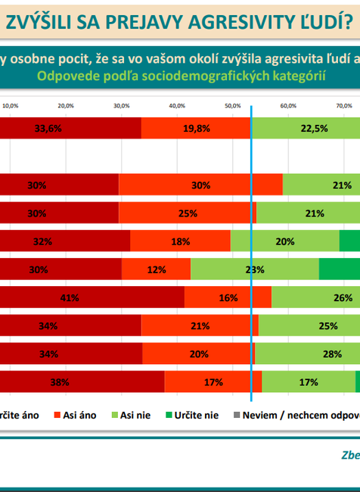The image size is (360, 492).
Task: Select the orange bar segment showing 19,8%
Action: (x=197, y=129)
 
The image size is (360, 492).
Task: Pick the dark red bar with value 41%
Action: (x=91, y=298)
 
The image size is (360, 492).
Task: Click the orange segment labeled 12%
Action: (x=157, y=269)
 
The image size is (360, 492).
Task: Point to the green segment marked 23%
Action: (x=255, y=269)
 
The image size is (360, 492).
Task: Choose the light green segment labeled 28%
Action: (x=307, y=354)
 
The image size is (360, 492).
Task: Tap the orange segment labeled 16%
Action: (x=228, y=298)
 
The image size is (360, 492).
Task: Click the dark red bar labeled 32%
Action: (x=64, y=241)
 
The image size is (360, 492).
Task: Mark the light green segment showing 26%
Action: (x=315, y=298)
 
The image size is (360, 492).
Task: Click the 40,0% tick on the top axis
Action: (x=177, y=106)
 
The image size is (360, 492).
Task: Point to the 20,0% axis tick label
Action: (x=66, y=106)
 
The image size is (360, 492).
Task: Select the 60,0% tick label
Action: (x=288, y=106)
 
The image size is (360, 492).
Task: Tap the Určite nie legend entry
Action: (x=193, y=416)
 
